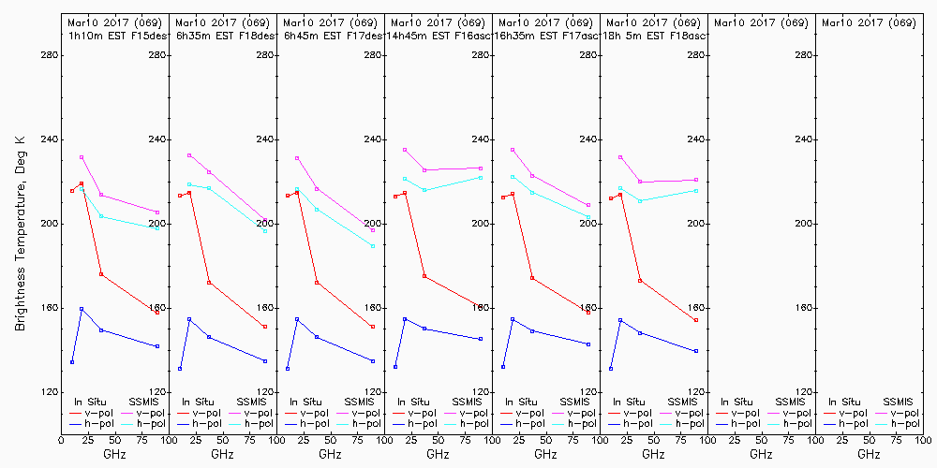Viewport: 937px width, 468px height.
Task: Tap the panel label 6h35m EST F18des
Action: pos(222,36)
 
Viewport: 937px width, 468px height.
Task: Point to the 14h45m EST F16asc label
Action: pos(438,36)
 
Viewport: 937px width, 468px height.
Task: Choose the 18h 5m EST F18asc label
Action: pos(653,36)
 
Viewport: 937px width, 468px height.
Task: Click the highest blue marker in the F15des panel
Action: pos(82,309)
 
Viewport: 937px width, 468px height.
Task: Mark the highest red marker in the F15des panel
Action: pos(82,183)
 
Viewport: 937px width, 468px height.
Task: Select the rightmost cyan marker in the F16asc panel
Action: pos(481,177)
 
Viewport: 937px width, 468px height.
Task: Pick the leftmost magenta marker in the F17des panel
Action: pos(297,158)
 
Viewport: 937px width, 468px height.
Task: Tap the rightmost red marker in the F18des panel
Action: pos(265,327)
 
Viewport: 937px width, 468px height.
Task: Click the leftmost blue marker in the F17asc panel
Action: pos(503,367)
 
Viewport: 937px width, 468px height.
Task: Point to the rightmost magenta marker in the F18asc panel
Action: pos(696,180)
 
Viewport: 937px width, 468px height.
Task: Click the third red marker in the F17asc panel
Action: pos(532,278)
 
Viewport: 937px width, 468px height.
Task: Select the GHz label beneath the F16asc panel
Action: pos(438,454)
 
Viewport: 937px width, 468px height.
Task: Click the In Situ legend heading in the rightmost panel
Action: pos(844,402)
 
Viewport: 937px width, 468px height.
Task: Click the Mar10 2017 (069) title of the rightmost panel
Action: pos(869,22)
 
